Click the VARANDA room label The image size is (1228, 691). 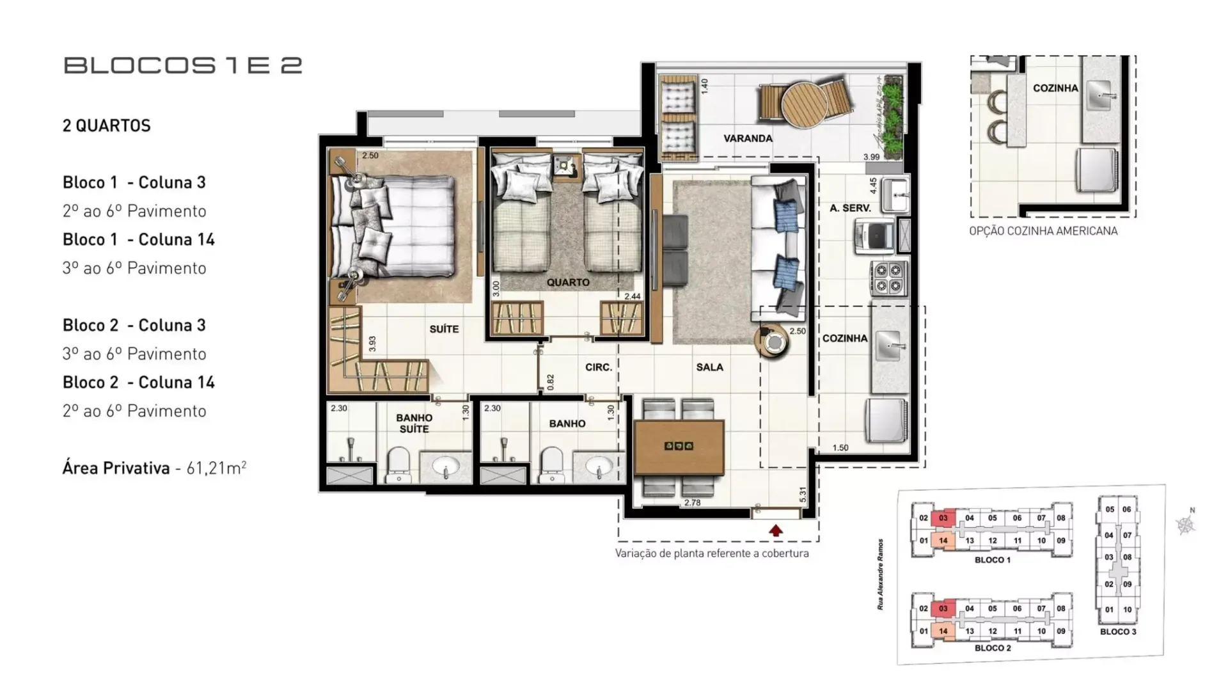click(748, 138)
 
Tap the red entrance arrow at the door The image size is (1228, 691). click(776, 530)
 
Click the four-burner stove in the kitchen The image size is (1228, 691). click(888, 278)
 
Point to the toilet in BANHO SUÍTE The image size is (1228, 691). click(399, 464)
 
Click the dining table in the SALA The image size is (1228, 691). click(679, 447)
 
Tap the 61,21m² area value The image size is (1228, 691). click(216, 468)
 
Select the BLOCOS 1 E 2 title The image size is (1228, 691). click(183, 66)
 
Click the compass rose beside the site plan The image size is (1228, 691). click(1186, 525)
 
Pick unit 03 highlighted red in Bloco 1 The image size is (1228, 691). click(943, 518)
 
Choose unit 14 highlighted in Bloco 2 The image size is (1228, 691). click(943, 631)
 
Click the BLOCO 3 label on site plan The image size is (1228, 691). click(1118, 631)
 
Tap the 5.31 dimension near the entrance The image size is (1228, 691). click(803, 495)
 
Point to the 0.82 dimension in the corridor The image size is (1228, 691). click(551, 382)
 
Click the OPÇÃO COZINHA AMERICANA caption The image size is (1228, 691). click(1043, 231)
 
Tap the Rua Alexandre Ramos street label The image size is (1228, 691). click(881, 574)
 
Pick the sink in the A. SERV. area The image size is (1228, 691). click(895, 194)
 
